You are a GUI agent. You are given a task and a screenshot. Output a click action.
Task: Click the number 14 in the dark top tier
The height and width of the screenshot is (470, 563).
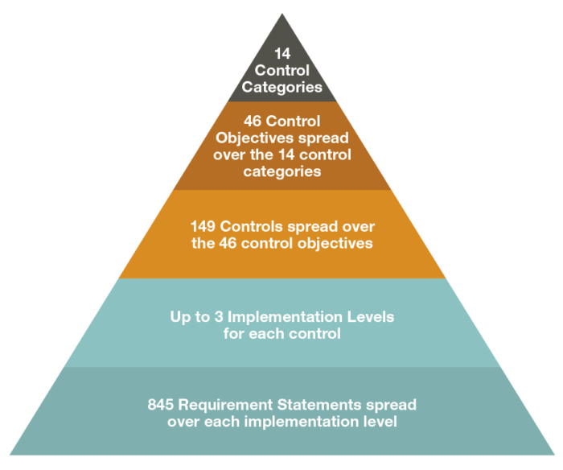pos(282,54)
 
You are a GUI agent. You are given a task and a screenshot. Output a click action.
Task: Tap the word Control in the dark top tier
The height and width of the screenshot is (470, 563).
pos(282,71)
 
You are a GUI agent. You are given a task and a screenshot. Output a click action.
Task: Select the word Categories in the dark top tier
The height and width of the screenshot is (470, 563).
pos(281,87)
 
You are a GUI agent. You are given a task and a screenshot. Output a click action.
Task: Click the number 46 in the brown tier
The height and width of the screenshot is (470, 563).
pos(253,121)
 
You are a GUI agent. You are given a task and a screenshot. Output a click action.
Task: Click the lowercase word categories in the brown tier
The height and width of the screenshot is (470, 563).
pos(282,171)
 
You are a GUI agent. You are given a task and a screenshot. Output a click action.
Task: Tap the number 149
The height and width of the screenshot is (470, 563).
pos(203,226)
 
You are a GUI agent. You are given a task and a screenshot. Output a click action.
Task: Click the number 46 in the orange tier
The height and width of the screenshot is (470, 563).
pos(228,243)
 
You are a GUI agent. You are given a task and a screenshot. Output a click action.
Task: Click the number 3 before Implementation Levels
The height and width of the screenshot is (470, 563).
pos(219,317)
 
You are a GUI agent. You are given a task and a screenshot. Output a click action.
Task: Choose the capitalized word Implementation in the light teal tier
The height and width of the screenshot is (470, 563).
pos(285,317)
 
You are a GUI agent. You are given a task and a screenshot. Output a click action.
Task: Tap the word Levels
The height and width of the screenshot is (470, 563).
pos(371,317)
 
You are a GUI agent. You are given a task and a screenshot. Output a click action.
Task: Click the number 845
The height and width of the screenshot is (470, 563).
pos(161,405)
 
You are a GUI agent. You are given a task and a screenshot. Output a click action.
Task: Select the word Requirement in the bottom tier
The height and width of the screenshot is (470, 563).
pos(225,405)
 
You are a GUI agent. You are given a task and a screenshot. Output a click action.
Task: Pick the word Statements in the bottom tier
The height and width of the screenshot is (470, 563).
pos(319,405)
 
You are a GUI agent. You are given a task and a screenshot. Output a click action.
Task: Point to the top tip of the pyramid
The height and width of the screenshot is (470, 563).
pos(282,14)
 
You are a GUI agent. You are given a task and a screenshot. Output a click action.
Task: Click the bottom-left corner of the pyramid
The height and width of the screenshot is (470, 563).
pos(10,455)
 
